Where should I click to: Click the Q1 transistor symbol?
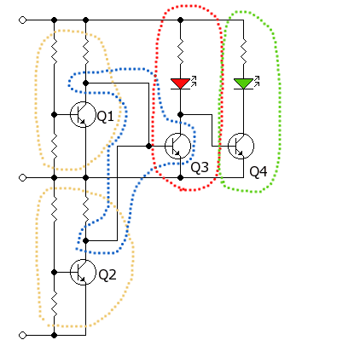tap(83, 114)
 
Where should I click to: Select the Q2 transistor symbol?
tap(83, 272)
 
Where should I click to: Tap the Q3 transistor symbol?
tap(177, 146)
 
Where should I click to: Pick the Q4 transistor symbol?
tap(241, 146)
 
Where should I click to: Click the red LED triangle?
tap(180, 84)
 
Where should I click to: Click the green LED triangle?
tap(243, 84)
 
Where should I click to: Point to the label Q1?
tap(105, 117)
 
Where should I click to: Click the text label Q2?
tap(107, 274)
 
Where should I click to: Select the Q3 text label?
tap(200, 168)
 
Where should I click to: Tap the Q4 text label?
tap(258, 172)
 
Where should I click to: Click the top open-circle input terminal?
tap(22, 20)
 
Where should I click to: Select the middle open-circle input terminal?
tap(22, 178)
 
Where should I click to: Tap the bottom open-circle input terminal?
tap(22, 336)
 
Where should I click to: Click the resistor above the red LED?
tap(180, 52)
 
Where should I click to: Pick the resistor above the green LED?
tap(243, 52)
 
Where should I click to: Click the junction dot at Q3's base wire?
tap(148, 147)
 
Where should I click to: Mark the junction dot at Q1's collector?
tap(85, 84)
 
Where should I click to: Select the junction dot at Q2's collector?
tap(85, 241)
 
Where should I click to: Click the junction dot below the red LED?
tap(180, 115)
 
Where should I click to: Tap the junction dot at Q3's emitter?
tap(180, 178)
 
